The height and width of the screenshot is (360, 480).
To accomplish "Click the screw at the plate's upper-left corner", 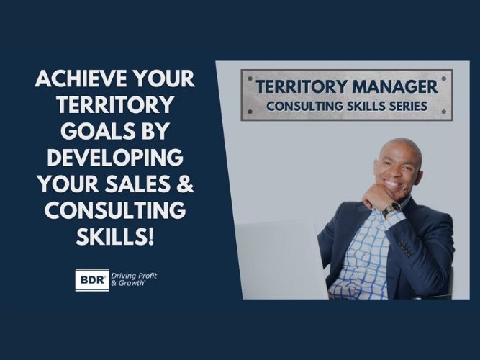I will tap(246, 74).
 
